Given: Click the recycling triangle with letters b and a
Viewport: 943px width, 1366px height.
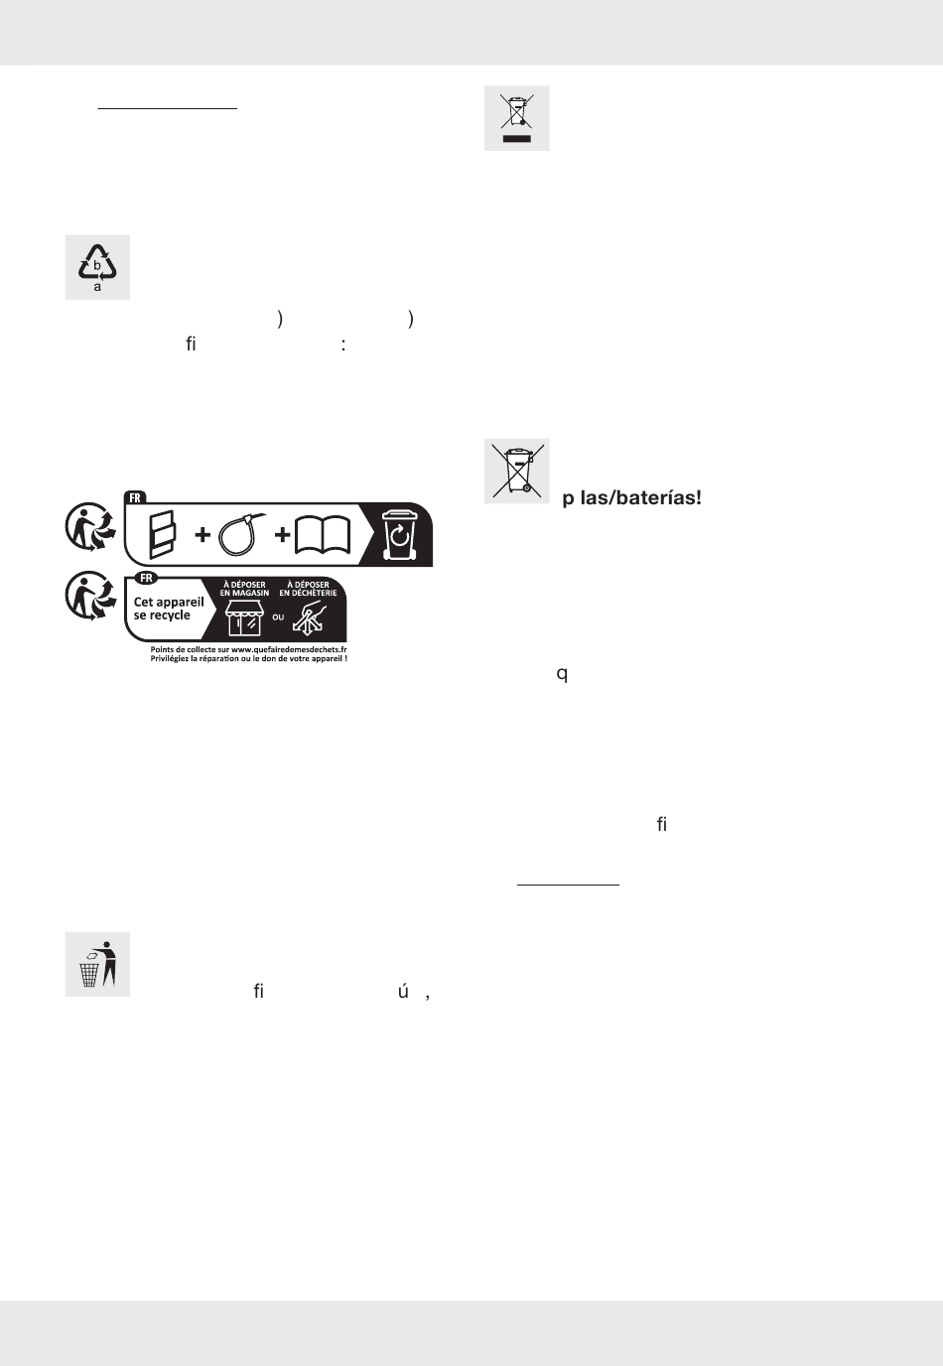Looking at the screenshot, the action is pyautogui.click(x=97, y=266).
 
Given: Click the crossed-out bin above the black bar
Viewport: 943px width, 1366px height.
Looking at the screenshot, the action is pyautogui.click(x=516, y=112).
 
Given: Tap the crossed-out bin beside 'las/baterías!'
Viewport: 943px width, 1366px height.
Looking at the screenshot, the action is pyautogui.click(x=517, y=471).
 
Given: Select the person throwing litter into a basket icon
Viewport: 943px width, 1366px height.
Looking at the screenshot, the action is pyautogui.click(x=97, y=964).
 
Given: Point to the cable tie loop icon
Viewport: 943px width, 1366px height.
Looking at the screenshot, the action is pyautogui.click(x=242, y=535).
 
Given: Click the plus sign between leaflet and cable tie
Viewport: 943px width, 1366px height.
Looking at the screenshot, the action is pyautogui.click(x=202, y=535).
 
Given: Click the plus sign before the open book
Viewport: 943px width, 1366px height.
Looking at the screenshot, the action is pyautogui.click(x=283, y=535).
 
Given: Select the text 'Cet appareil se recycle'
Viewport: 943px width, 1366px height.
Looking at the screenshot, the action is pyautogui.click(x=168, y=609).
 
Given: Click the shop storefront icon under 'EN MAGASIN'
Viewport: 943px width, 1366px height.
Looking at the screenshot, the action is pyautogui.click(x=244, y=616).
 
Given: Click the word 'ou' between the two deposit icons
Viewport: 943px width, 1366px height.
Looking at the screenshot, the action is pyautogui.click(x=278, y=617).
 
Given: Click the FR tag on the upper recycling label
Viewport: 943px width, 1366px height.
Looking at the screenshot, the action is pyautogui.click(x=135, y=497).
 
